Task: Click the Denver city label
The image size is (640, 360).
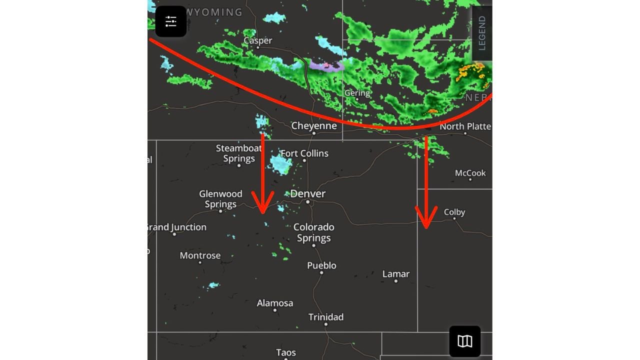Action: click(307, 193)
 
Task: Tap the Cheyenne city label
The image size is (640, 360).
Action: click(314, 126)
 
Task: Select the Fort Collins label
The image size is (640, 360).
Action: click(304, 153)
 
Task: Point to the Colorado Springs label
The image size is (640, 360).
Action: click(313, 232)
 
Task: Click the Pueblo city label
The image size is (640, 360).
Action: click(321, 265)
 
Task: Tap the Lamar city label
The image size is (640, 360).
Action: click(395, 274)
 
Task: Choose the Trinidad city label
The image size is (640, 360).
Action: click(325, 317)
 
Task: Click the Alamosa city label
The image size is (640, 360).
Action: click(274, 303)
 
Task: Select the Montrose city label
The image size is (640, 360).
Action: click(200, 255)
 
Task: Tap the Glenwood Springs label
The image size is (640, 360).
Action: click(220, 199)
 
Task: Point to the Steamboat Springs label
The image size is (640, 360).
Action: click(239, 153)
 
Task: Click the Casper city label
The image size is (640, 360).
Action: click(257, 40)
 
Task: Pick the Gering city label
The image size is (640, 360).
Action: click(357, 93)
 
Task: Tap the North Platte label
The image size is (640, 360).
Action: click(465, 126)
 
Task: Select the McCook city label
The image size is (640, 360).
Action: click(470, 173)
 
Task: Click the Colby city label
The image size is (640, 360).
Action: click(454, 212)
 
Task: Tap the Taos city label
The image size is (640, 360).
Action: click(286, 353)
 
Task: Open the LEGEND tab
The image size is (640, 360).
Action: click(482, 33)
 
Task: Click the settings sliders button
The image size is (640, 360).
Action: click(171, 21)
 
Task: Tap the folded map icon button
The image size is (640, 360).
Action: click(465, 341)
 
